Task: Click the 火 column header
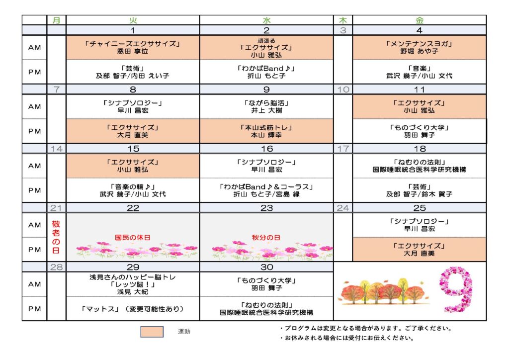point(133,20)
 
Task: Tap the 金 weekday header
point(420,20)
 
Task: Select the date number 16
point(267,149)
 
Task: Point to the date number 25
point(420,208)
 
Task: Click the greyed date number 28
point(57,267)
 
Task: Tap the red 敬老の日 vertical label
point(56,237)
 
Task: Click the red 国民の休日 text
point(132,237)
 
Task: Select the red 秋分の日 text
point(266,237)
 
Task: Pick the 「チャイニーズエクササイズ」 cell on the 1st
point(133,47)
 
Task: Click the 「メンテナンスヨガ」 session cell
point(420,47)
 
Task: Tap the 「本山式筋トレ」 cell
point(266,131)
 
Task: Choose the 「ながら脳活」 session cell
point(266,106)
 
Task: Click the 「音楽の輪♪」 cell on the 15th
point(133,190)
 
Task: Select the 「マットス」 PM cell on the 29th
point(133,308)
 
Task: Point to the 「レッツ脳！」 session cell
point(133,284)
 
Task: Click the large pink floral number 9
point(456,288)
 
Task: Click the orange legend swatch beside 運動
point(152,332)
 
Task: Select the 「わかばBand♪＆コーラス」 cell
point(266,190)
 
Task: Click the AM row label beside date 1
point(34,47)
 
